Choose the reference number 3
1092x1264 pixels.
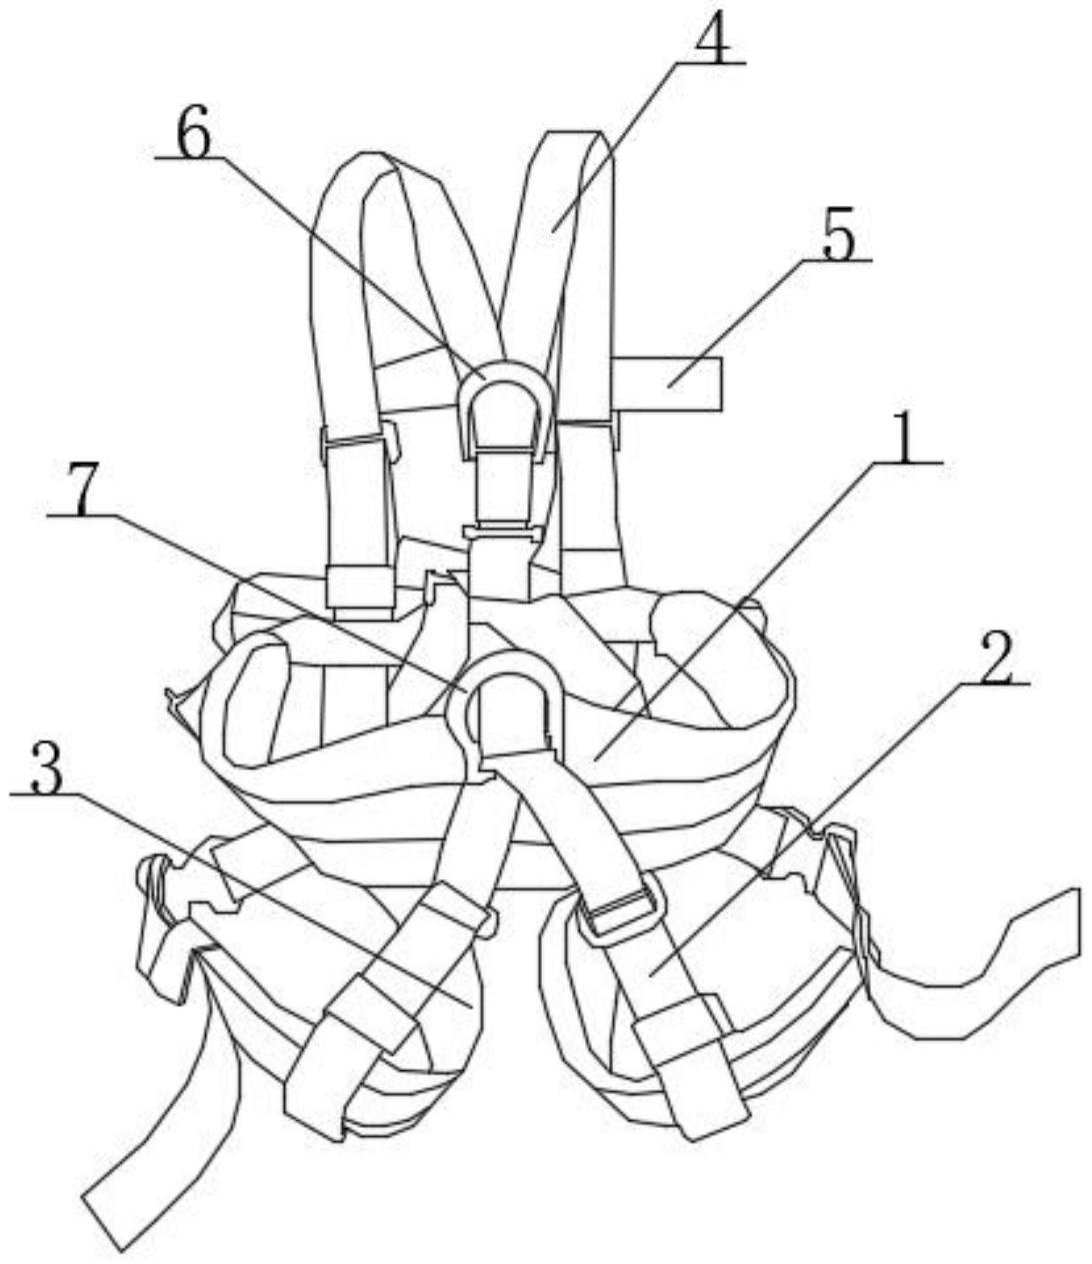(47, 766)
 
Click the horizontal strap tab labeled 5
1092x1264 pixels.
(667, 384)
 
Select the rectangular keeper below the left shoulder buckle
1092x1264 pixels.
(360, 589)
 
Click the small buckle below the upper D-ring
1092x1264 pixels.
(503, 531)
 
